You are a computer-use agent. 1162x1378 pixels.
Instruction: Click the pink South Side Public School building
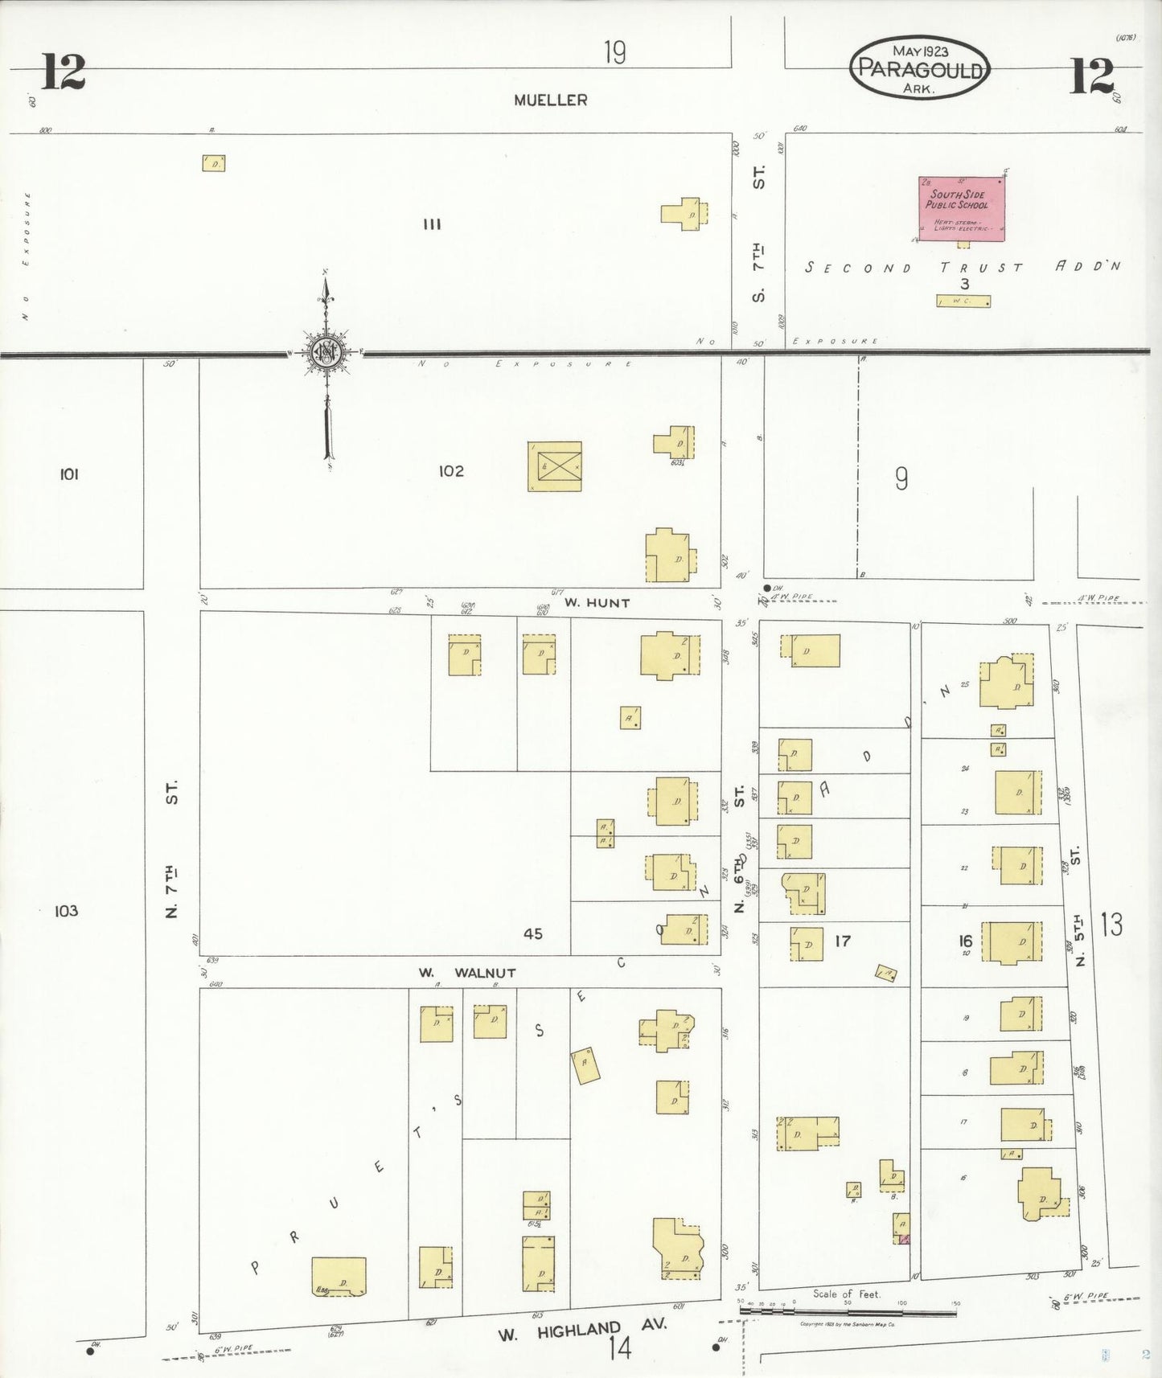[x=961, y=209]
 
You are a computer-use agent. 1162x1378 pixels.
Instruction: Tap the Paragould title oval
[x=919, y=68]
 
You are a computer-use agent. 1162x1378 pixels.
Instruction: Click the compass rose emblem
[x=326, y=353]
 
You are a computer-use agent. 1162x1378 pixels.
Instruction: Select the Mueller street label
[x=551, y=100]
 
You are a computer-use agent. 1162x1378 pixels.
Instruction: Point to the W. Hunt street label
[x=597, y=603]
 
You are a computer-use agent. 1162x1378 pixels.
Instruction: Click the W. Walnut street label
[x=467, y=973]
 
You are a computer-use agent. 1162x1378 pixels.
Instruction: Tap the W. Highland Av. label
[x=582, y=1331]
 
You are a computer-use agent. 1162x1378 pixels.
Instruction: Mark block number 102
[x=451, y=471]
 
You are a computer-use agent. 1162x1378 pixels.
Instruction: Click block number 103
[x=66, y=911]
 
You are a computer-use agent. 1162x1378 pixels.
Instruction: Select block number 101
[x=69, y=474]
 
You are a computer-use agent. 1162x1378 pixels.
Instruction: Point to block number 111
[x=432, y=224]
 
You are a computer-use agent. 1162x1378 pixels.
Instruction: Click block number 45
[x=532, y=933]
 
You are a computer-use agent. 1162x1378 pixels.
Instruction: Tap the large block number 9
[x=901, y=479]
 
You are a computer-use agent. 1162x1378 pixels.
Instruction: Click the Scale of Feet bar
[x=848, y=1312]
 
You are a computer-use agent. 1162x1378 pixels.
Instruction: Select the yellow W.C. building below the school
[x=963, y=301]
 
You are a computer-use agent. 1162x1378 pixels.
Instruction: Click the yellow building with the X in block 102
[x=554, y=466]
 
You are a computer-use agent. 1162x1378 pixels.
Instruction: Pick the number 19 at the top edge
[x=614, y=53]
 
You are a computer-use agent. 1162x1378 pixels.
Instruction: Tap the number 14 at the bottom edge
[x=619, y=1348]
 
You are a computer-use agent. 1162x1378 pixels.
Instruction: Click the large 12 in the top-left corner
[x=63, y=72]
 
